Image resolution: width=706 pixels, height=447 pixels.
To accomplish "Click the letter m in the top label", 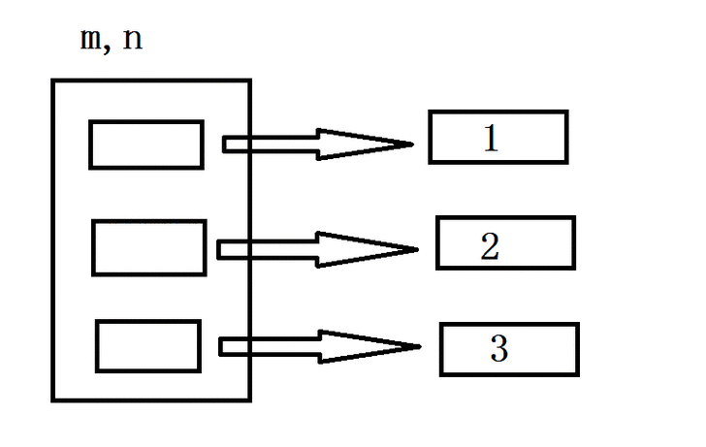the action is pyautogui.click(x=91, y=39).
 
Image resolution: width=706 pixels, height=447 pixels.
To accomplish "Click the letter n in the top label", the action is pyautogui.click(x=132, y=39).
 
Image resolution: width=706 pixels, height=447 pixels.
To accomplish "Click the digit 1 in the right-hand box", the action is pyautogui.click(x=491, y=138).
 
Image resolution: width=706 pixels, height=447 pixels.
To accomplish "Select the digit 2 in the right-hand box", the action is pyautogui.click(x=490, y=246).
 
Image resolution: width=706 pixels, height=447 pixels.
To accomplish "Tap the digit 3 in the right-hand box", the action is pyautogui.click(x=498, y=348).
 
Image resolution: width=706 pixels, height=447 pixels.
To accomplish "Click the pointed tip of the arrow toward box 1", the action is pyautogui.click(x=413, y=144).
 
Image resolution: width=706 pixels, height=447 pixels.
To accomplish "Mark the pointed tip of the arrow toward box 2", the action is pyautogui.click(x=418, y=249).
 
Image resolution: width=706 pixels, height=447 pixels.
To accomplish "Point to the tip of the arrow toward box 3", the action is pyautogui.click(x=421, y=346).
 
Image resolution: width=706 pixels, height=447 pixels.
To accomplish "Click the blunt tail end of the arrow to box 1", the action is pyautogui.click(x=224, y=144).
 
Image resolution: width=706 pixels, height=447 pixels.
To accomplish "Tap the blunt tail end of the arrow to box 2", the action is pyautogui.click(x=218, y=250).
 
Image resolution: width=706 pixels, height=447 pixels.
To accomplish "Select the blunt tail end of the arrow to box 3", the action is pyautogui.click(x=220, y=347).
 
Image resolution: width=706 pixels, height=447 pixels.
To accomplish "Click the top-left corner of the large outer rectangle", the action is pyautogui.click(x=53, y=81).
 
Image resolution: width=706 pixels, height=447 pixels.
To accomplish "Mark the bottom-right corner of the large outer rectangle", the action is pyautogui.click(x=250, y=399).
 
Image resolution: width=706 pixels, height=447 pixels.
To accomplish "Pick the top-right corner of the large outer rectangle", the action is pyautogui.click(x=250, y=81).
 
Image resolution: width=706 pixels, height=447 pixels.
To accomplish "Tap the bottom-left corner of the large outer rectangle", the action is pyautogui.click(x=53, y=399).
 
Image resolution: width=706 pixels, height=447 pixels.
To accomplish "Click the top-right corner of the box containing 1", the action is pyautogui.click(x=566, y=112).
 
